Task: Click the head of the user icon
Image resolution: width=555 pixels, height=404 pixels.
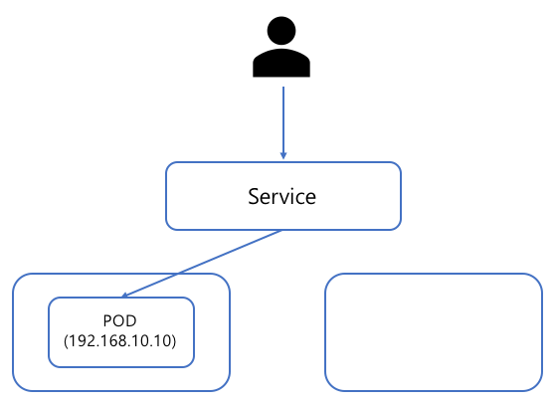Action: click(x=281, y=31)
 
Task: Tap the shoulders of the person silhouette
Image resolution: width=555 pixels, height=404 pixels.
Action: click(x=281, y=63)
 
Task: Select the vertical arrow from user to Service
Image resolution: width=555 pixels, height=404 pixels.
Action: click(x=283, y=122)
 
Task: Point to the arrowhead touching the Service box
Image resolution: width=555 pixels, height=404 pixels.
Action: click(x=283, y=156)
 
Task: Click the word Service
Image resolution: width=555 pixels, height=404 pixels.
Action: click(x=281, y=196)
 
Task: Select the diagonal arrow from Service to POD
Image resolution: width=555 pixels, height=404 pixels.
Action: click(x=201, y=264)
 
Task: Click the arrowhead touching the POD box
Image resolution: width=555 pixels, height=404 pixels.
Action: click(x=124, y=295)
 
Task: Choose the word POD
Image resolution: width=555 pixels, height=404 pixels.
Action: click(x=119, y=320)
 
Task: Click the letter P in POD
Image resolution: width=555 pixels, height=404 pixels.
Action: click(x=107, y=320)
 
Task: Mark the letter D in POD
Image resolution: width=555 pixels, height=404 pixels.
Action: click(x=131, y=320)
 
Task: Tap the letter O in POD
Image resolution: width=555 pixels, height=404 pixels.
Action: click(x=118, y=320)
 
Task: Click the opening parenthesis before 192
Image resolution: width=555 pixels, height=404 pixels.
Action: click(x=66, y=341)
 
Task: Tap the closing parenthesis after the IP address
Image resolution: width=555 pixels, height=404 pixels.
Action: click(x=173, y=341)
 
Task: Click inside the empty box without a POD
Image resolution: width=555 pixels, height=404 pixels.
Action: click(x=434, y=332)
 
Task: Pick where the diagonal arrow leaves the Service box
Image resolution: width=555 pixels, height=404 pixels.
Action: click(x=281, y=230)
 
